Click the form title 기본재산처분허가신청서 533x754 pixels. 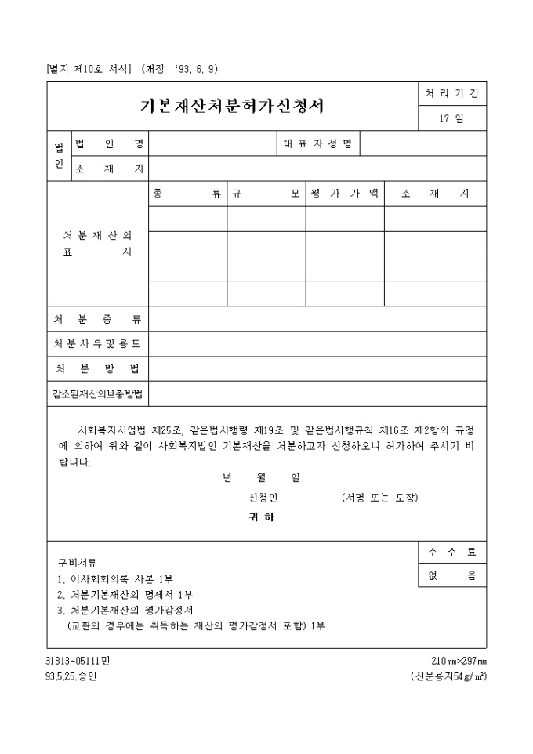click(232, 106)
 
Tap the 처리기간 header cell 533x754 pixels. click(451, 93)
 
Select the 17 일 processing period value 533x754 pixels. click(451, 118)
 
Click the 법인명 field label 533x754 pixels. click(109, 144)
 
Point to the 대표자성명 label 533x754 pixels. click(318, 144)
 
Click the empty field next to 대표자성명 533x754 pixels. click(422, 144)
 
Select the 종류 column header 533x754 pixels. click(187, 194)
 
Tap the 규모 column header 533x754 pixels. click(266, 194)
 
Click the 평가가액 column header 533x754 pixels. click(344, 194)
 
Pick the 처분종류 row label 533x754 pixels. click(98, 319)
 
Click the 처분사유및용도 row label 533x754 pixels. click(98, 344)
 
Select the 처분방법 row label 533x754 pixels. click(98, 369)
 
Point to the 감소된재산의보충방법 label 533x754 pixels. click(98, 393)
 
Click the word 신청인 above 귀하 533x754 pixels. click(263, 498)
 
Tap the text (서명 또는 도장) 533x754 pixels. click(380, 498)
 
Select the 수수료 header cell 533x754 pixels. click(451, 552)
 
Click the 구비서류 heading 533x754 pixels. click(77, 562)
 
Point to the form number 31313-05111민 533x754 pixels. click(78, 661)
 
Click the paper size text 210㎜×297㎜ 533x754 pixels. click(459, 661)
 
